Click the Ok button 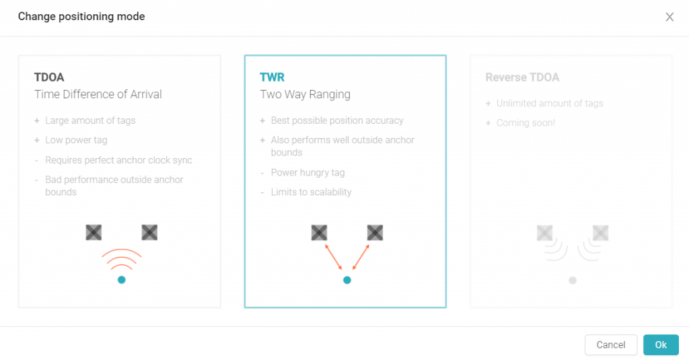661,345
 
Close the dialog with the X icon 669,17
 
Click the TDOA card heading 49,77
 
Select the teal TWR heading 272,77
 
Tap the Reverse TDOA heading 522,77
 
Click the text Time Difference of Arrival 98,94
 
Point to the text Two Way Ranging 305,94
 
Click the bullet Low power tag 76,140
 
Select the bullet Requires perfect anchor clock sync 118,160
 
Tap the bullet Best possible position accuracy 337,120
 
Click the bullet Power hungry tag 307,173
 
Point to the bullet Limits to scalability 311,192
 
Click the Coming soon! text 525,123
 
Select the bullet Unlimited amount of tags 550,104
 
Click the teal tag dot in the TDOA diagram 122,280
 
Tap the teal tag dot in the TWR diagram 347,280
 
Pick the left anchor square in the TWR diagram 319,233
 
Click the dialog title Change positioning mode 81,17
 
